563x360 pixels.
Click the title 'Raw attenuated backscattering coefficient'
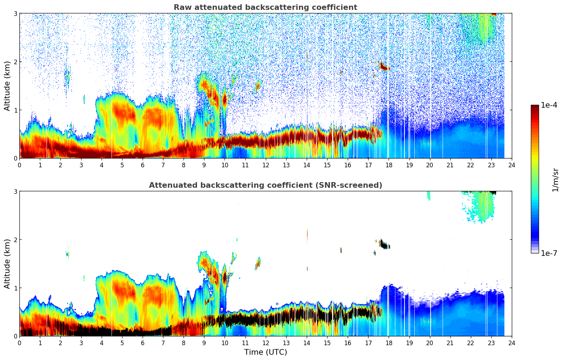click(x=265, y=7)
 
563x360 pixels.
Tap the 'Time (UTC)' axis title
click(x=265, y=352)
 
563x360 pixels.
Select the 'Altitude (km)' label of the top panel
click(x=7, y=86)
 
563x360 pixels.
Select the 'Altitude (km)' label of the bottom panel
click(x=7, y=264)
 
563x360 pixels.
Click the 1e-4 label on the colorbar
click(x=549, y=105)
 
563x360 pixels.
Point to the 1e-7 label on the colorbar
click(x=549, y=253)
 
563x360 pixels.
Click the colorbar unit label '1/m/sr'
click(x=555, y=180)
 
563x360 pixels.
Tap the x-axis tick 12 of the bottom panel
click(x=265, y=343)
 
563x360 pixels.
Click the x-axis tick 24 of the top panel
click(x=511, y=165)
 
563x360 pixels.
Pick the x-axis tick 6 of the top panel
click(x=143, y=165)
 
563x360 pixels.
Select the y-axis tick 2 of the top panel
click(x=16, y=62)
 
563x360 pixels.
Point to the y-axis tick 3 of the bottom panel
click(x=16, y=191)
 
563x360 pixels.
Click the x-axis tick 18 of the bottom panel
click(x=389, y=343)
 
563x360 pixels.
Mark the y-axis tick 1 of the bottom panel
click(x=16, y=288)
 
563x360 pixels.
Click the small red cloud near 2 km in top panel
click(x=383, y=66)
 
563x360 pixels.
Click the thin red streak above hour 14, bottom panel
click(x=307, y=234)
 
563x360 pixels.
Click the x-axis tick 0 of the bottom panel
click(x=19, y=343)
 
